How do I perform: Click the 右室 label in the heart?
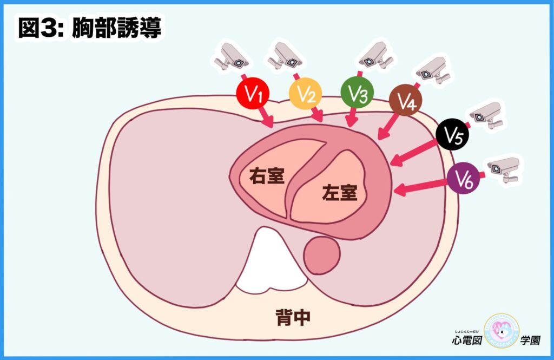point(267,176)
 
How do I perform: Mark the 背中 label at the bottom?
point(292,318)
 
